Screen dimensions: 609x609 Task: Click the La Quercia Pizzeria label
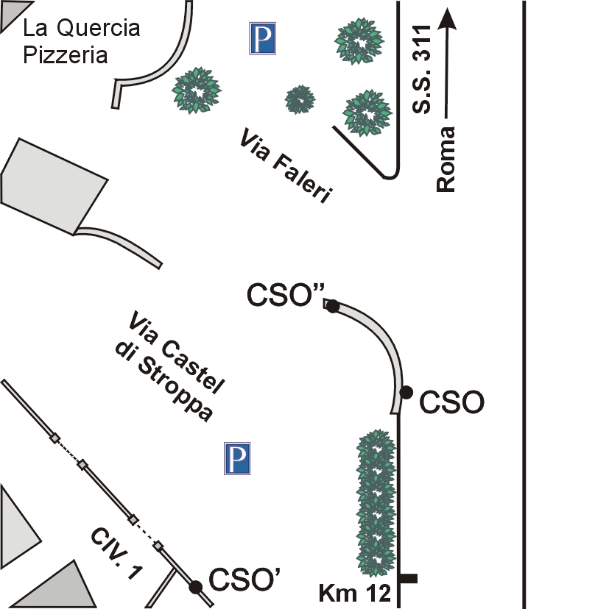click(x=80, y=41)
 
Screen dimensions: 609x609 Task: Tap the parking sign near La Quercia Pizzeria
click(x=263, y=38)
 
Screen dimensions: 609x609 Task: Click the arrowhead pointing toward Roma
click(x=446, y=18)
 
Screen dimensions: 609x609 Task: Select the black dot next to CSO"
click(x=332, y=307)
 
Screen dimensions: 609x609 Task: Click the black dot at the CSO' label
click(x=195, y=586)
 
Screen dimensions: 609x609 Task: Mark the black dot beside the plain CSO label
click(x=405, y=391)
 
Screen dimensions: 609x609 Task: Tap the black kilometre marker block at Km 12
click(x=408, y=579)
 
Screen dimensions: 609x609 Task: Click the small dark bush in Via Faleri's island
click(x=300, y=99)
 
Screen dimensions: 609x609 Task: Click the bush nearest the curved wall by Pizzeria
click(x=197, y=90)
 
